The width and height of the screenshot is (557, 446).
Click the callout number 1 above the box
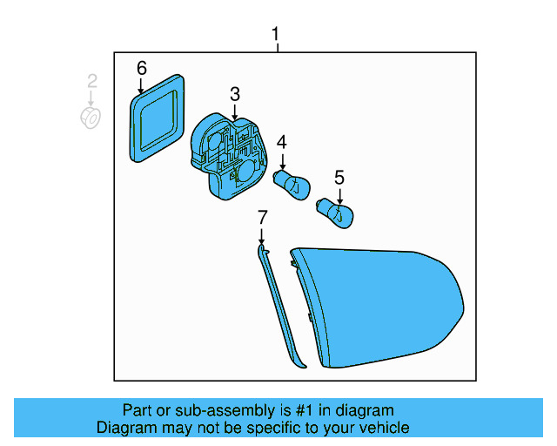(276, 35)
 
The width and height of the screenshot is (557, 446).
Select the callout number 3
(235, 94)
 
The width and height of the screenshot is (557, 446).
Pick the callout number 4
(282, 142)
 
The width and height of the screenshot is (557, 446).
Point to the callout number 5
(339, 176)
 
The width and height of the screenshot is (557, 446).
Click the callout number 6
(141, 67)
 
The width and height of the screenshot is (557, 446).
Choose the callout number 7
(260, 216)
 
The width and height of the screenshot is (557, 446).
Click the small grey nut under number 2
(91, 118)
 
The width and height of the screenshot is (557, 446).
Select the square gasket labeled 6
(158, 118)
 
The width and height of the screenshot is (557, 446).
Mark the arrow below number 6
(141, 85)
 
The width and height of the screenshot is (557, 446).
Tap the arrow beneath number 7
(260, 234)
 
